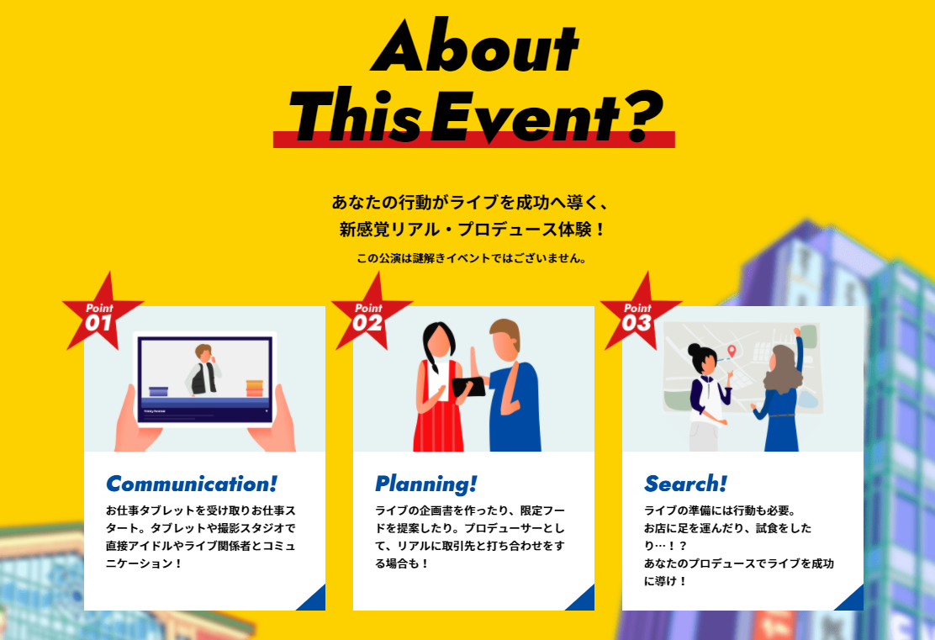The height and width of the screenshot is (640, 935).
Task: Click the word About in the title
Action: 474,46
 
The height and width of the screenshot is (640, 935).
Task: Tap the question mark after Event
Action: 645,115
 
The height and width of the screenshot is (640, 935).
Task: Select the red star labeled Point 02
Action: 371,312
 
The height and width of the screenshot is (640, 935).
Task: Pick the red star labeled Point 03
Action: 640,312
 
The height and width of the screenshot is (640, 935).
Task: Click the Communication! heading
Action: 192,484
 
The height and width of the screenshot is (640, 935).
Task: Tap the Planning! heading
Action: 425,484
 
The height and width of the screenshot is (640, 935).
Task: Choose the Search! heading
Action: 685,484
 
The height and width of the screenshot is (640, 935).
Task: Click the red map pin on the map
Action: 732,352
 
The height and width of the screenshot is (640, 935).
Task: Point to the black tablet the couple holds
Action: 468,388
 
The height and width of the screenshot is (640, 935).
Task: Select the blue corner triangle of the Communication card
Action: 315,600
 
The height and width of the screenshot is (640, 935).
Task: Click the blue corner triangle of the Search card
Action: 853,600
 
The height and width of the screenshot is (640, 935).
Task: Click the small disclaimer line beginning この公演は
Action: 471,258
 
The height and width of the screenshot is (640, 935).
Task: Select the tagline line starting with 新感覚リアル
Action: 471,229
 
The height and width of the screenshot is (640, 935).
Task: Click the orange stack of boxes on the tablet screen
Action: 255,388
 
